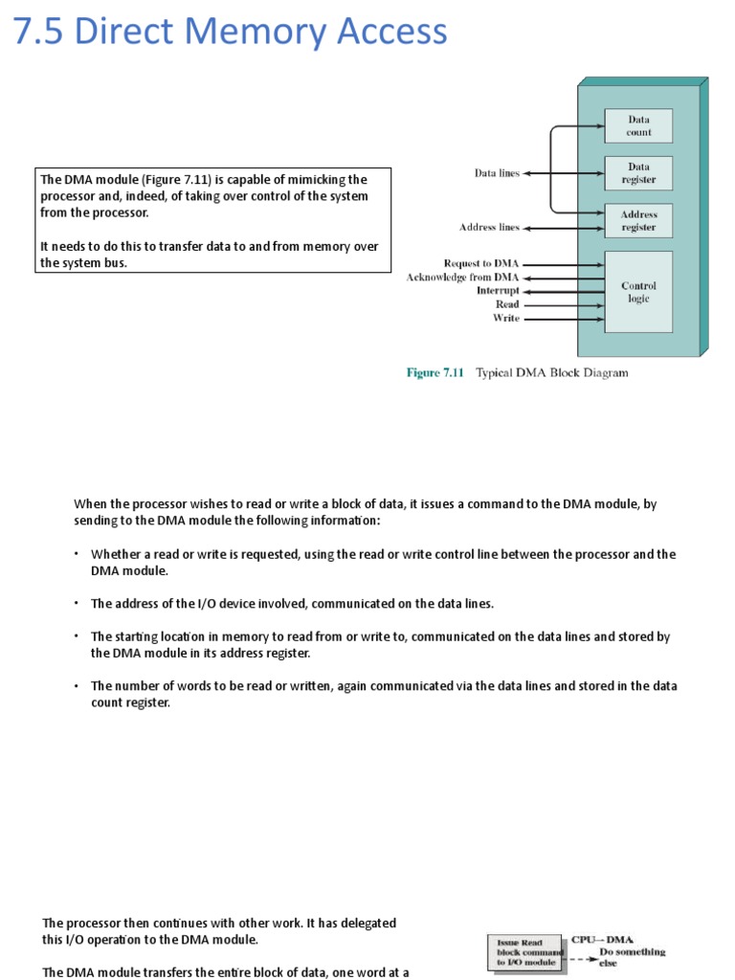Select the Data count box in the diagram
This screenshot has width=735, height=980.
click(x=638, y=126)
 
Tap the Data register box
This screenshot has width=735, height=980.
click(x=638, y=173)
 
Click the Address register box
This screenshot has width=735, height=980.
click(x=638, y=221)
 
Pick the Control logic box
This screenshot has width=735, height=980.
click(x=638, y=292)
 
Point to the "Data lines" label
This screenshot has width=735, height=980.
click(x=497, y=173)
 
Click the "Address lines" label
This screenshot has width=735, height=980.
click(x=489, y=228)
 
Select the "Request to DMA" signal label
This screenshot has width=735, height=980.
click(x=481, y=263)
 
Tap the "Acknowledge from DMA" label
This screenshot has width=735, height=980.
click(x=463, y=277)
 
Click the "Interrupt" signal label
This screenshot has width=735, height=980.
click(x=498, y=290)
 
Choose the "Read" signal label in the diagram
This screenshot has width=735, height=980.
click(x=507, y=304)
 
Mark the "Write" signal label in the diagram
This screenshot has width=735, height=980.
click(x=506, y=318)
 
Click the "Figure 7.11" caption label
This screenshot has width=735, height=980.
click(x=435, y=373)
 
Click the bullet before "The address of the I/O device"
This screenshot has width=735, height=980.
click(x=77, y=604)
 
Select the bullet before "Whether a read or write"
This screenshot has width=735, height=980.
click(x=77, y=554)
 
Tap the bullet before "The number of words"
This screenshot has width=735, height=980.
click(x=77, y=686)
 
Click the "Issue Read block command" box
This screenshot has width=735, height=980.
click(x=526, y=952)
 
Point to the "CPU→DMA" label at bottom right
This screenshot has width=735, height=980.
click(x=603, y=941)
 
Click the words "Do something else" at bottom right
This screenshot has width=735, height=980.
click(x=632, y=958)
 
